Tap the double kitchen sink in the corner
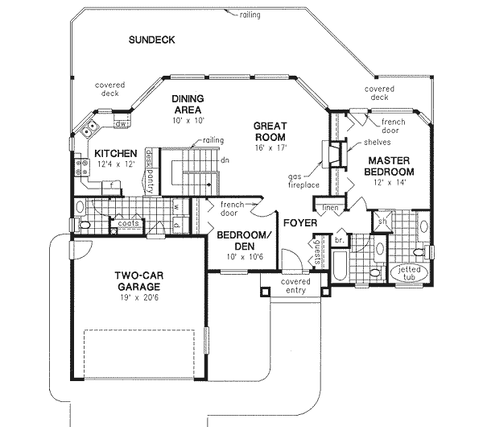click(x=89, y=127)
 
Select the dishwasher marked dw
click(x=120, y=124)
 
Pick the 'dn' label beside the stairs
click(x=226, y=160)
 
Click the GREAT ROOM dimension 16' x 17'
click(x=270, y=148)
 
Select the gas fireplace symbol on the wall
click(x=328, y=155)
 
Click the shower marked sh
click(x=383, y=222)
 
